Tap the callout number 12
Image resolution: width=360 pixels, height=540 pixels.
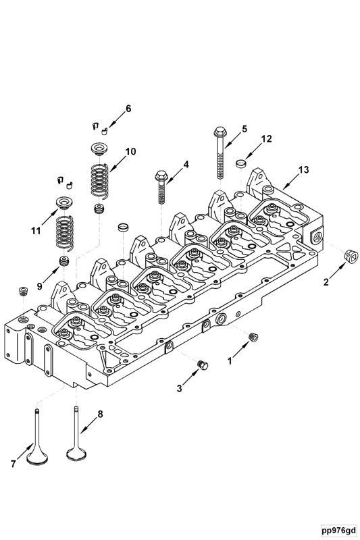[x=266, y=139]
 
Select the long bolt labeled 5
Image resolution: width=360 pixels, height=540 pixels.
[x=221, y=152]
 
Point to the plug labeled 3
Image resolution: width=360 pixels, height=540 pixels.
[x=200, y=365]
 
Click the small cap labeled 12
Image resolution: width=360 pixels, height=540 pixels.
[x=240, y=163]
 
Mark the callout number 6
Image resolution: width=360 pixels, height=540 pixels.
[x=128, y=108]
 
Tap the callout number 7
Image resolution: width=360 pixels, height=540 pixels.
[x=12, y=464]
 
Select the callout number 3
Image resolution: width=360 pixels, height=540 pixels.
[x=179, y=388]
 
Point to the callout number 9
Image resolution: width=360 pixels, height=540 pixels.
[x=39, y=287]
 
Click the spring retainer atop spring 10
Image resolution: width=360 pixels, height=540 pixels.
[x=99, y=147]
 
